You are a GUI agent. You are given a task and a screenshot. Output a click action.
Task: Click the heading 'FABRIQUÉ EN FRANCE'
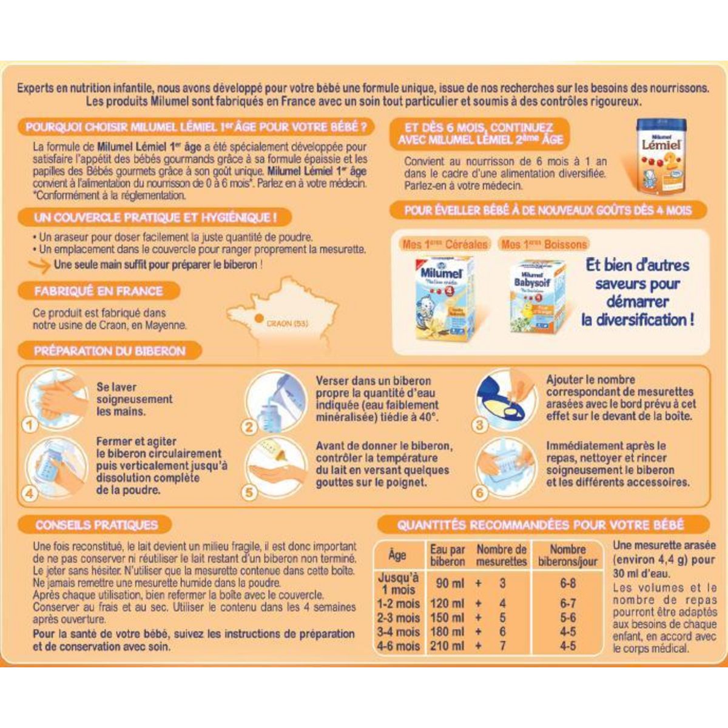[98, 291]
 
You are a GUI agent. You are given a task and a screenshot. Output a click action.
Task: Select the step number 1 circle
[30, 425]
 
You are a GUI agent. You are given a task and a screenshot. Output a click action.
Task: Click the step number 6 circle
[480, 492]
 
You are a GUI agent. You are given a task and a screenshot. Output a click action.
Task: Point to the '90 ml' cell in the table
[450, 583]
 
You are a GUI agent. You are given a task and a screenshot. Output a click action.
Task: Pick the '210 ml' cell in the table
[447, 646]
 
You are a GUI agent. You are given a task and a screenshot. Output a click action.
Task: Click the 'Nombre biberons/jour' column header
[567, 556]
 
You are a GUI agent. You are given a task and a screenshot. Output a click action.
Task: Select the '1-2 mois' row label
[398, 604]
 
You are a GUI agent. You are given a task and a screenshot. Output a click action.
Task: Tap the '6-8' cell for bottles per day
[568, 583]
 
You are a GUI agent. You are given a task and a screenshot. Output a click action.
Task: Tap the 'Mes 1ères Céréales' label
[445, 244]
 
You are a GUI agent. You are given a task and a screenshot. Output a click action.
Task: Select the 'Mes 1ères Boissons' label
[544, 244]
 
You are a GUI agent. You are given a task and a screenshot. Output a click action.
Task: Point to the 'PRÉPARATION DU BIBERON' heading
[109, 351]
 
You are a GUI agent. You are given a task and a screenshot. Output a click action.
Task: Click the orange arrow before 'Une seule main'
[39, 265]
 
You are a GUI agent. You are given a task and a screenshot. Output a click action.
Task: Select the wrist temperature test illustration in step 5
[276, 468]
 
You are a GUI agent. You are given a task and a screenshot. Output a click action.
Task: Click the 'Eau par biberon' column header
[447, 556]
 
